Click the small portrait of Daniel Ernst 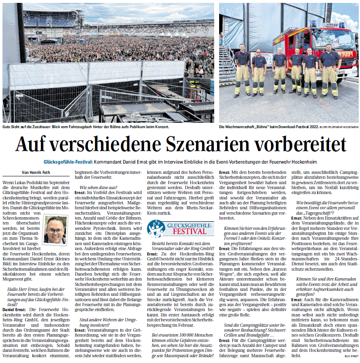pos(56,229)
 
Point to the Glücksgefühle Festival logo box pos(180,228)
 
